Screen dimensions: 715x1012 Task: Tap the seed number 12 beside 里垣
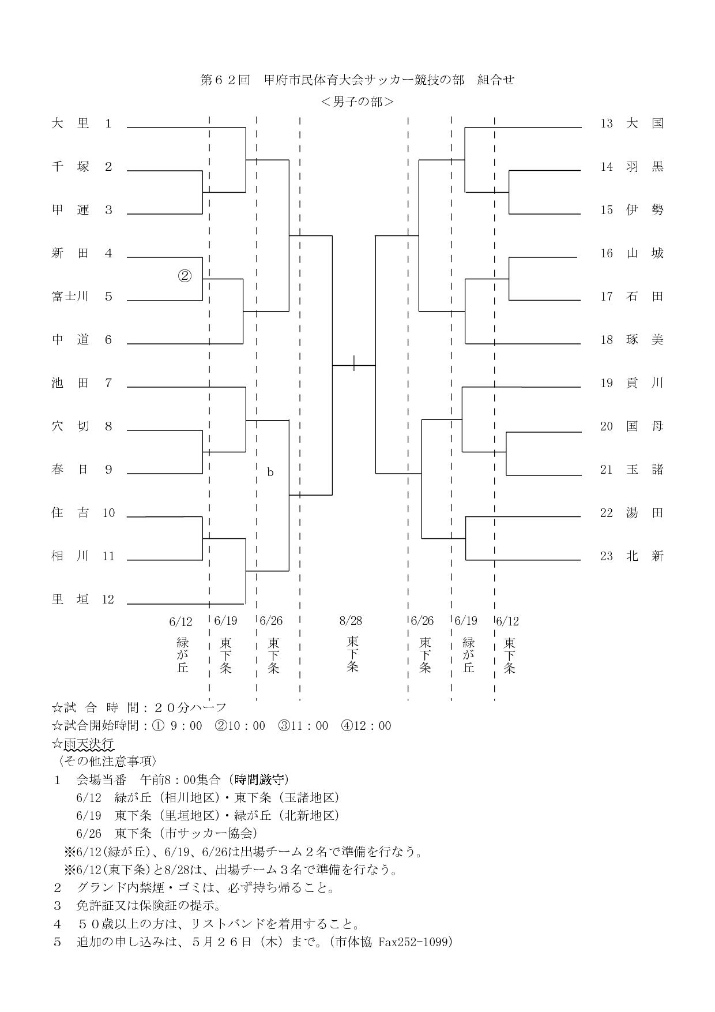click(x=108, y=599)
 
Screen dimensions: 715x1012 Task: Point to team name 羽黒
click(x=645, y=167)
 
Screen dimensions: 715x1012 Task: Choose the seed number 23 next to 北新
click(x=607, y=556)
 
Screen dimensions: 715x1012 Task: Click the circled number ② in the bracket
click(x=184, y=276)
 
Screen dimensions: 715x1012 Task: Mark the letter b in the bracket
click(x=270, y=472)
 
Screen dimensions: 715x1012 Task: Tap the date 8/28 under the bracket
click(x=351, y=621)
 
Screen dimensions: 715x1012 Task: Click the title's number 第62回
click(x=225, y=80)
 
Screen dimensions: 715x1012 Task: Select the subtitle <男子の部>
click(x=357, y=102)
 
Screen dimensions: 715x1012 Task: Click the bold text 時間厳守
click(x=259, y=780)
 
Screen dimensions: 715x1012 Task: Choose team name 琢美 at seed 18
click(x=645, y=340)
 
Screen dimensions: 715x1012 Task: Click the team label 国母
click(x=645, y=426)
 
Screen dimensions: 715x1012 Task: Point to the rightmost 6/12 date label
click(x=507, y=621)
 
